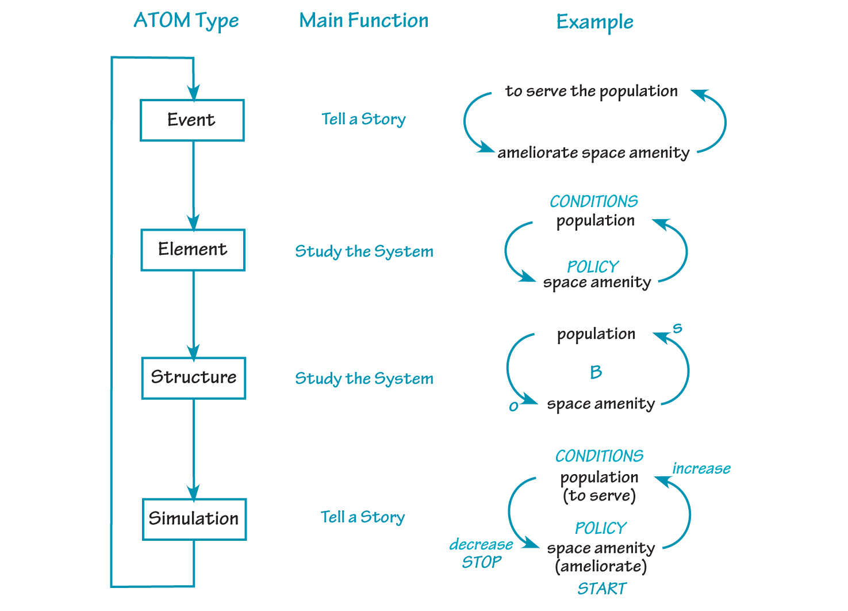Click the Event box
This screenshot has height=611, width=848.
click(192, 120)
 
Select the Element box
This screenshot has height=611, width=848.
click(193, 250)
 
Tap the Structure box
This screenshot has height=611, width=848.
click(193, 378)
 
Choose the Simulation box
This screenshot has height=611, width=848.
click(194, 519)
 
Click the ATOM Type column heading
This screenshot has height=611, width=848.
click(186, 21)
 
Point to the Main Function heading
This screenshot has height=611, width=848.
click(363, 21)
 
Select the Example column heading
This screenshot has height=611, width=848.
click(594, 22)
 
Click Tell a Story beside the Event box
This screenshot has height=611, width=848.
click(363, 119)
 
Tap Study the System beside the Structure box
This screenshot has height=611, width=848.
click(364, 379)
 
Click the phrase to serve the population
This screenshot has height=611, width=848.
click(591, 91)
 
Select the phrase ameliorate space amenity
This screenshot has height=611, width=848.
click(593, 153)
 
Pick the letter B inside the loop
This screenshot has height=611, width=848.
click(596, 372)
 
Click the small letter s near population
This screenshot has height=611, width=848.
click(677, 328)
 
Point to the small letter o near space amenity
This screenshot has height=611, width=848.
click(513, 407)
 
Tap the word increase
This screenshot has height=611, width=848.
click(701, 469)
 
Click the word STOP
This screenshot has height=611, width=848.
click(481, 562)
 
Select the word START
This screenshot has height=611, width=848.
click(601, 589)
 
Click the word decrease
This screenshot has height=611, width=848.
click(481, 544)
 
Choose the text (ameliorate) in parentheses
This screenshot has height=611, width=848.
click(601, 567)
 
